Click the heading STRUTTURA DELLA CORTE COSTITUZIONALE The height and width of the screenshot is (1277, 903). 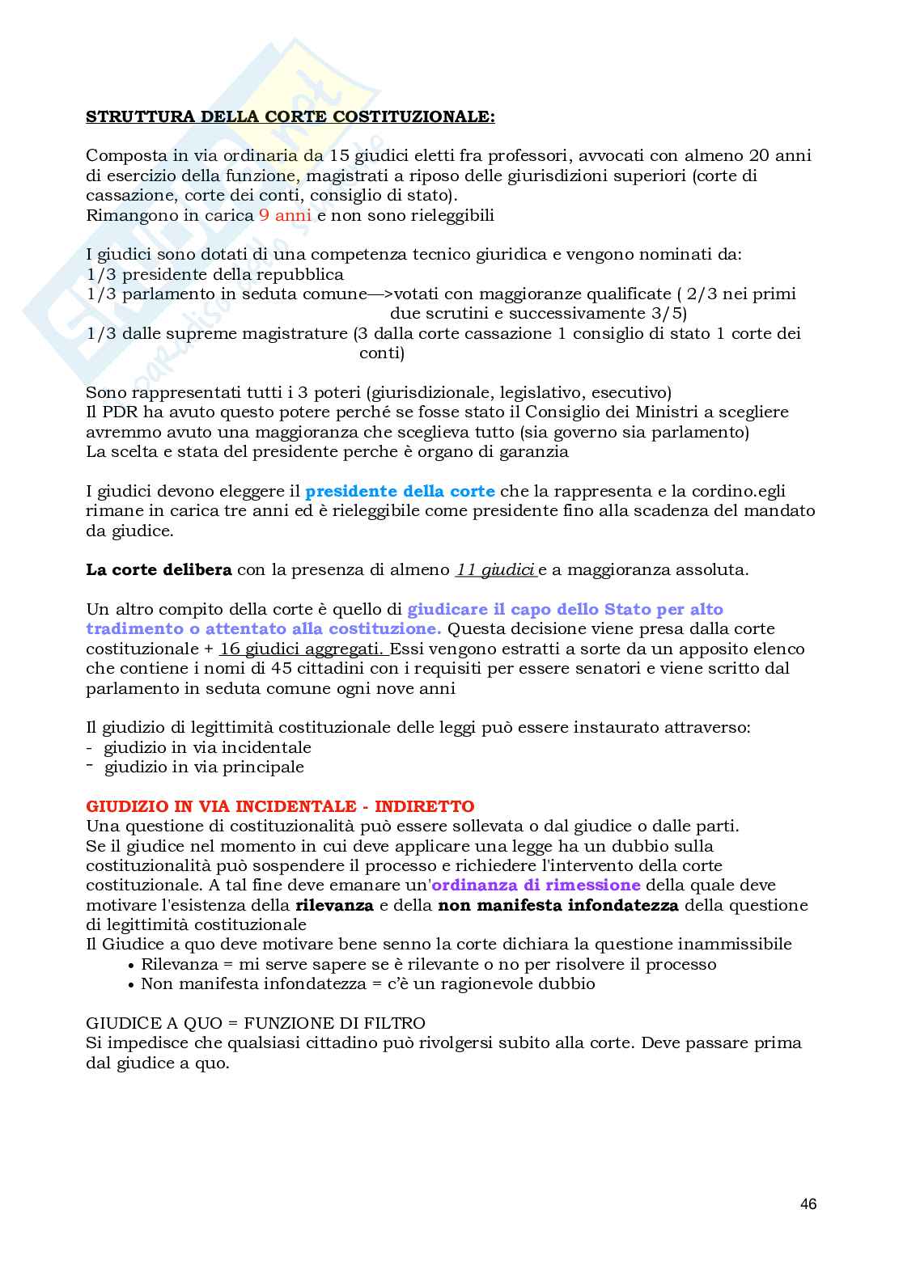click(x=290, y=116)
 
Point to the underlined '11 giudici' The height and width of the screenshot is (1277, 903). click(x=495, y=569)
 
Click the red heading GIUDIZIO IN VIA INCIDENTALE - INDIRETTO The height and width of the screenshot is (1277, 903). click(x=280, y=806)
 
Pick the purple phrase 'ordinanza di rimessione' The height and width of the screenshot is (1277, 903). click(x=536, y=886)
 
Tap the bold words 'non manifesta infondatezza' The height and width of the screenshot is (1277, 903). click(x=557, y=905)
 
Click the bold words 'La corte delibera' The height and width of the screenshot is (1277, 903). click(x=159, y=569)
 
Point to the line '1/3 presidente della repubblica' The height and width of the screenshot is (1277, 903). click(x=214, y=274)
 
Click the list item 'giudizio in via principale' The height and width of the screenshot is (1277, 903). click(x=204, y=767)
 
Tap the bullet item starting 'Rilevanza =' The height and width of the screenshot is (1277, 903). click(x=428, y=964)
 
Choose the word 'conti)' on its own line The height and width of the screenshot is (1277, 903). click(x=381, y=353)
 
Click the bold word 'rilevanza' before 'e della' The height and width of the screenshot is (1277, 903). click(x=334, y=905)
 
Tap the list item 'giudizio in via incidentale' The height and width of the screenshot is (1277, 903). click(x=207, y=747)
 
